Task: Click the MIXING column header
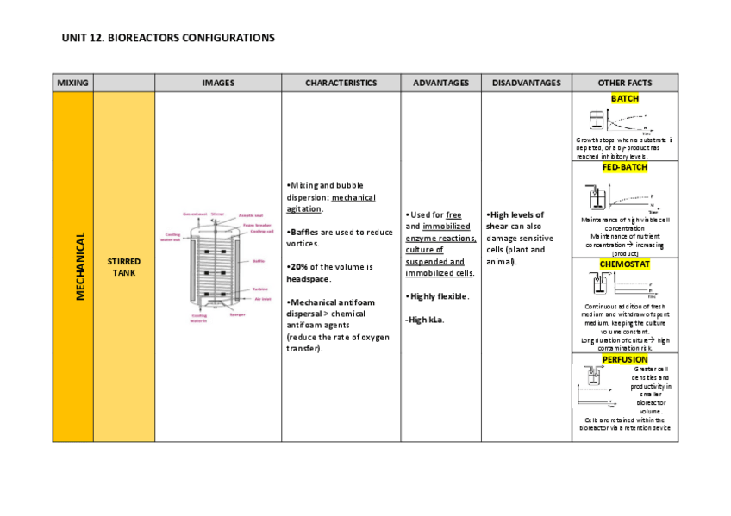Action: pyautogui.click(x=72, y=83)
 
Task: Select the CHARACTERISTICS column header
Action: pyautogui.click(x=341, y=83)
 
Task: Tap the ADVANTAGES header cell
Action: pyautogui.click(x=440, y=83)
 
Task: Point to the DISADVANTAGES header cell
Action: pyautogui.click(x=526, y=83)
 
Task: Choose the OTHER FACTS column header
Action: pyautogui.click(x=624, y=83)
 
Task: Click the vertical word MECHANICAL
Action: pyautogui.click(x=80, y=267)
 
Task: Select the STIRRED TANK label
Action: pyautogui.click(x=123, y=267)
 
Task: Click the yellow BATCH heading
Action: pyautogui.click(x=624, y=99)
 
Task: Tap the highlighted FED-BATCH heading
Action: pyautogui.click(x=624, y=167)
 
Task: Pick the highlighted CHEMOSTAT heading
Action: pyautogui.click(x=624, y=264)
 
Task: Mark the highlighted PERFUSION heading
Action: pyautogui.click(x=624, y=359)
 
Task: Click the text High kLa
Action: pyautogui.click(x=426, y=320)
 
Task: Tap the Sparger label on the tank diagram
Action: pyautogui.click(x=237, y=314)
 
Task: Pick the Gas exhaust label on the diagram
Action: pyautogui.click(x=193, y=214)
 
